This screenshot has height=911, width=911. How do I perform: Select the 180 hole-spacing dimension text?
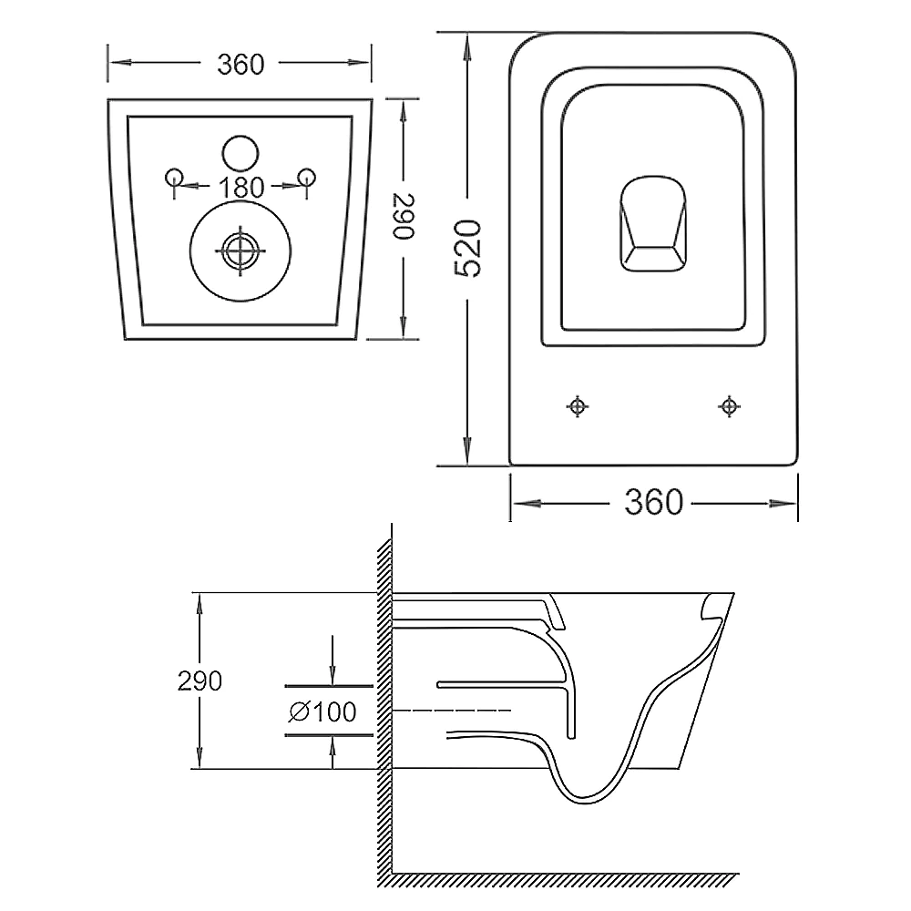(x=241, y=188)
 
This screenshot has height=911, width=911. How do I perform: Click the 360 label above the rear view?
(x=241, y=64)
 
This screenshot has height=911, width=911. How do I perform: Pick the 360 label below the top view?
(x=653, y=502)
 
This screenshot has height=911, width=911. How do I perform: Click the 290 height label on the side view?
(x=200, y=681)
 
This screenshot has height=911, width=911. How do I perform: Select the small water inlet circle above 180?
(x=241, y=152)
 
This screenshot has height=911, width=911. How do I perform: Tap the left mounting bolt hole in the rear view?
(x=173, y=175)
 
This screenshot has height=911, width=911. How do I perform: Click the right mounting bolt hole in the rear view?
(x=308, y=175)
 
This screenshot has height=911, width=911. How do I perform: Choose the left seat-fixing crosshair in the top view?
(x=577, y=406)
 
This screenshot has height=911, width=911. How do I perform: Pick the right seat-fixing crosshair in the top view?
(x=729, y=406)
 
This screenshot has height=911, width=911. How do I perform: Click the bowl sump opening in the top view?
(x=652, y=223)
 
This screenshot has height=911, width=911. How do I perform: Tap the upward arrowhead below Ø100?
(x=333, y=745)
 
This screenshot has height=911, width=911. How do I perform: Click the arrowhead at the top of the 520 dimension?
(x=467, y=42)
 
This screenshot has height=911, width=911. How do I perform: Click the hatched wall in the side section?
(x=384, y=711)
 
